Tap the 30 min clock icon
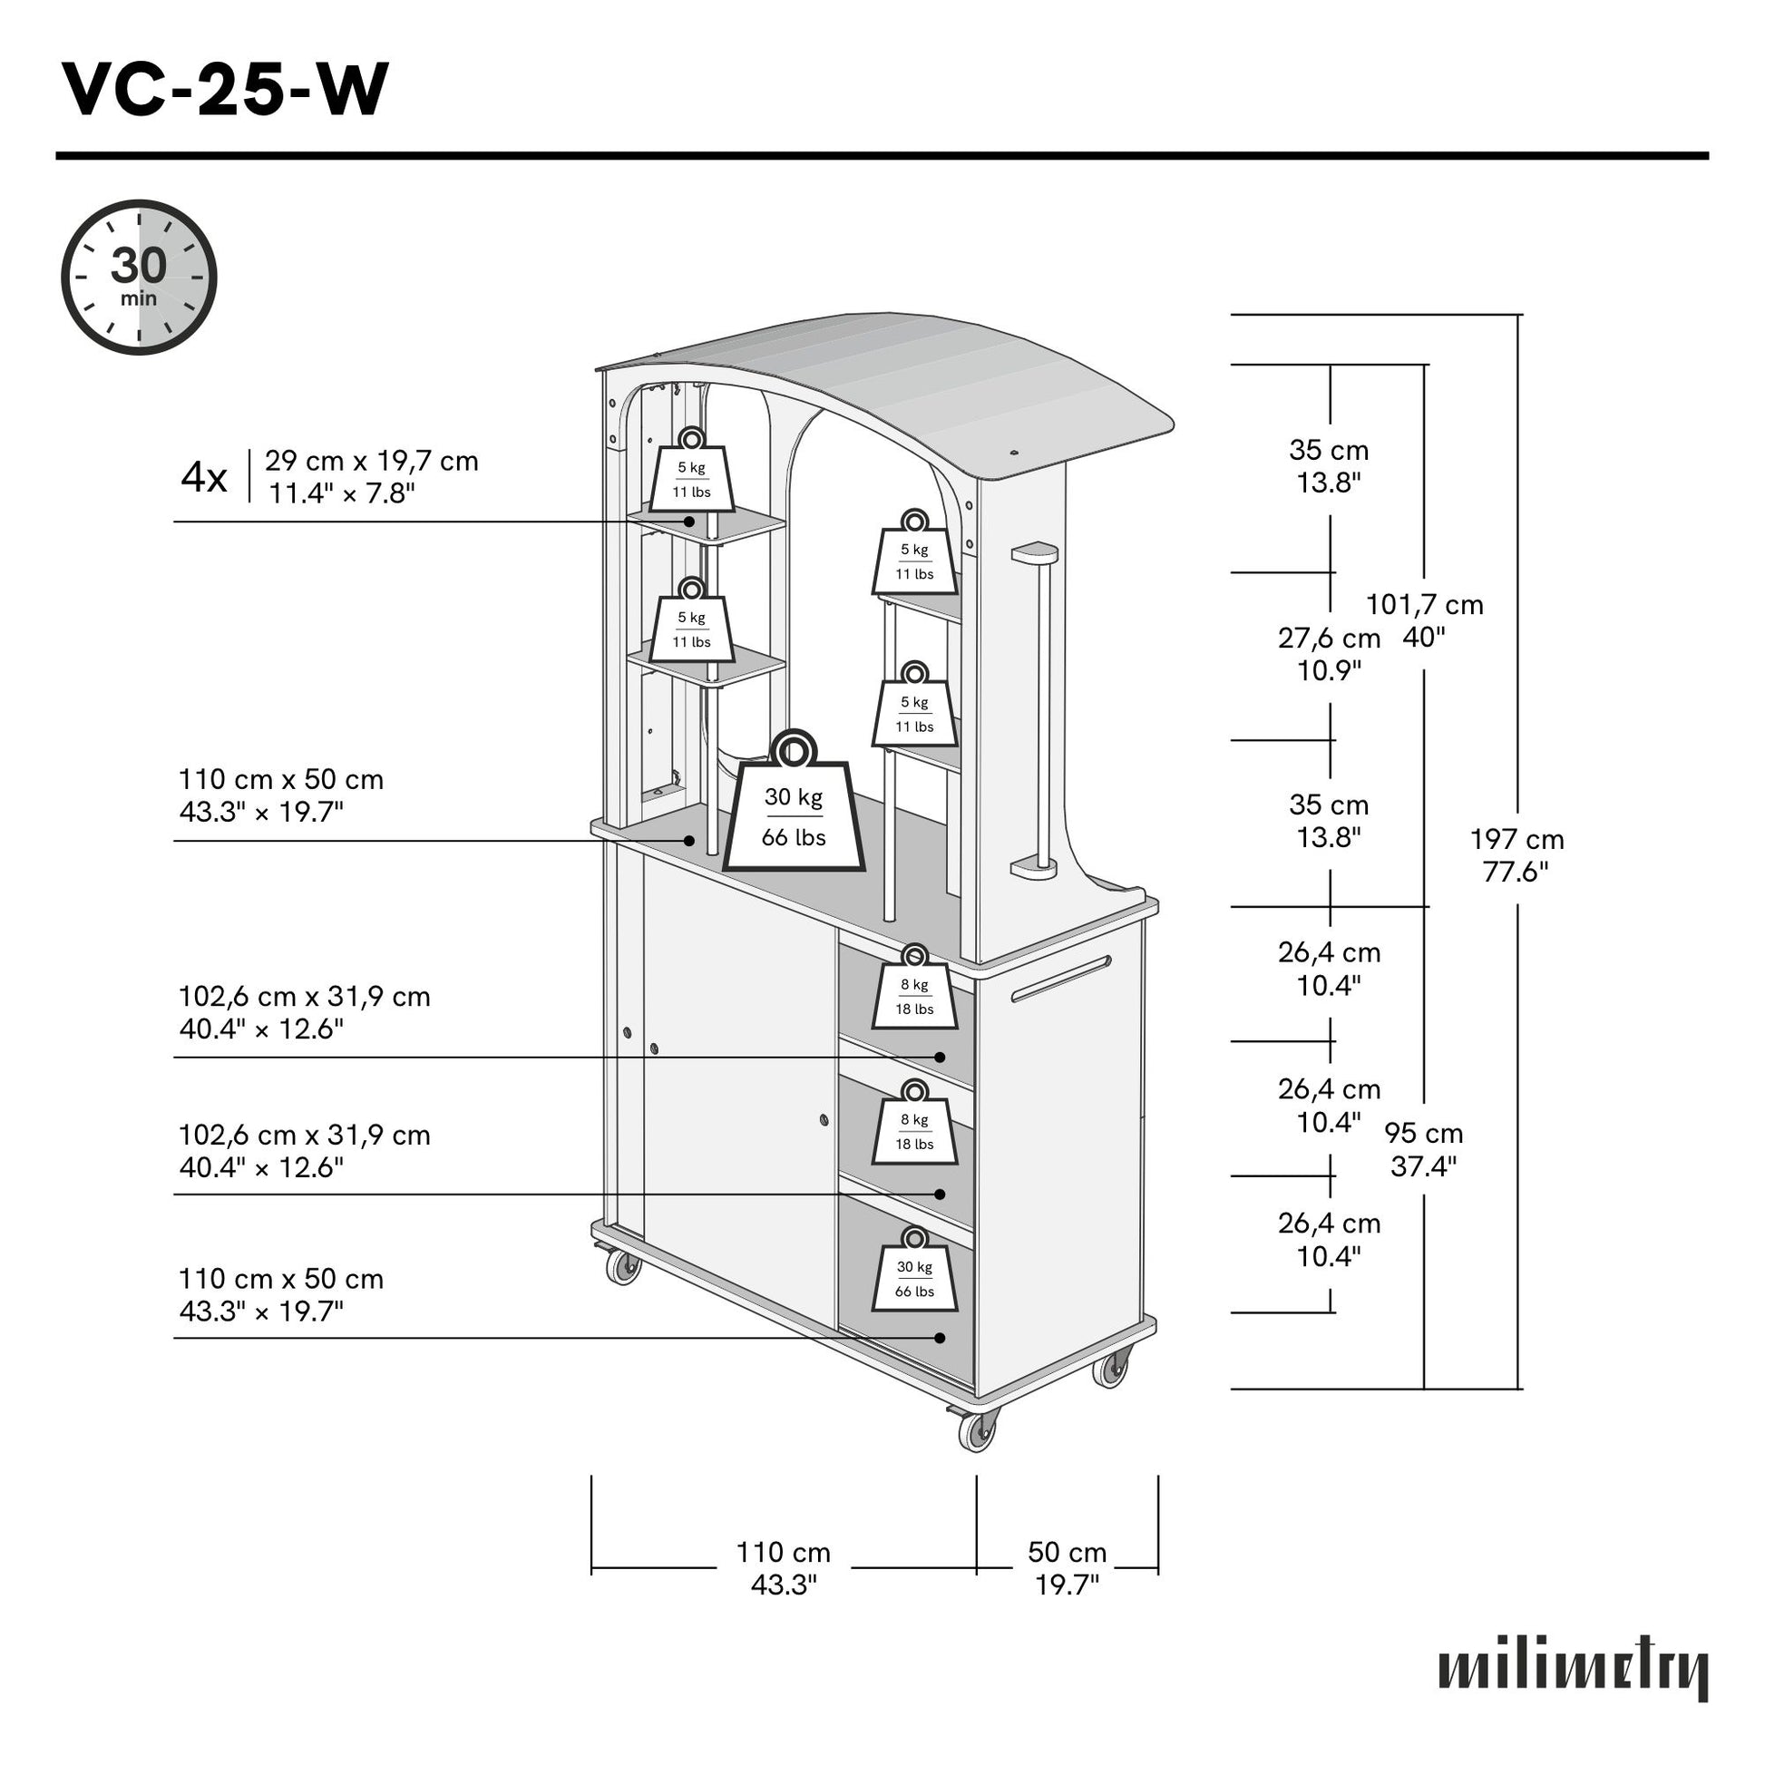[x=139, y=277]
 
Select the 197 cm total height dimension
[x=1516, y=855]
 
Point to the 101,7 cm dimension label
[x=1423, y=620]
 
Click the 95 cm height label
[x=1423, y=1149]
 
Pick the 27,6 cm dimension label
[x=1330, y=654]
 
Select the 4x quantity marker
[x=204, y=477]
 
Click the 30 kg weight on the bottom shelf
[x=914, y=1273]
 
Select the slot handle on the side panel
[x=1060, y=980]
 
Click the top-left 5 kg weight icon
[x=691, y=473]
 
